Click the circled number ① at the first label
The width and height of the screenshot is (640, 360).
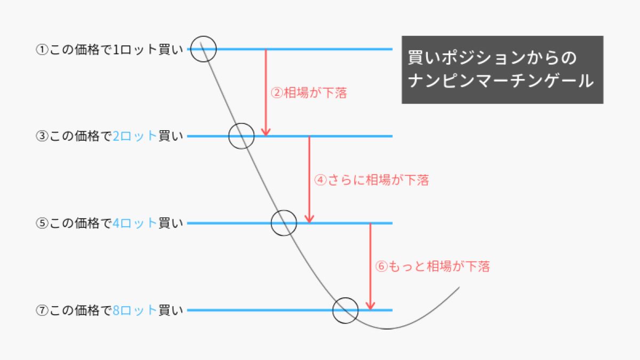pos(42,50)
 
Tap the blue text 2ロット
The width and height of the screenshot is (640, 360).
pos(134,136)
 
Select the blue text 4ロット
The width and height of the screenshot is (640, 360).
pos(134,223)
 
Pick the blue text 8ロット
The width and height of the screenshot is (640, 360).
pos(134,310)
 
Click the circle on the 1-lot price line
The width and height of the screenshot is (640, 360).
pos(190,49)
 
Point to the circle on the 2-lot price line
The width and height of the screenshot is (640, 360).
pos(229,137)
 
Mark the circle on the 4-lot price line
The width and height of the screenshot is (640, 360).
pos(271,223)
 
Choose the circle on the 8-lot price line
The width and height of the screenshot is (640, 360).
pos(333,310)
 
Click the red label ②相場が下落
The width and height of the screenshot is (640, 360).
pos(309,93)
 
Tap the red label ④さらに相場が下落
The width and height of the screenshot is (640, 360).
pos(371,180)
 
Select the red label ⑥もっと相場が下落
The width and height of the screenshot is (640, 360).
pos(433,266)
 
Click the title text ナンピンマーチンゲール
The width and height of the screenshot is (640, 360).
pos(501,81)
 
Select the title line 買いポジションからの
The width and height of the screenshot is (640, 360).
pos(492,58)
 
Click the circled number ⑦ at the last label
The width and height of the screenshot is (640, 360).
pos(42,310)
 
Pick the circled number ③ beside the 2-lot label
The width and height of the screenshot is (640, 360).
pos(42,136)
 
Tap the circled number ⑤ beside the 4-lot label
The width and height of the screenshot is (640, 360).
pos(42,223)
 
